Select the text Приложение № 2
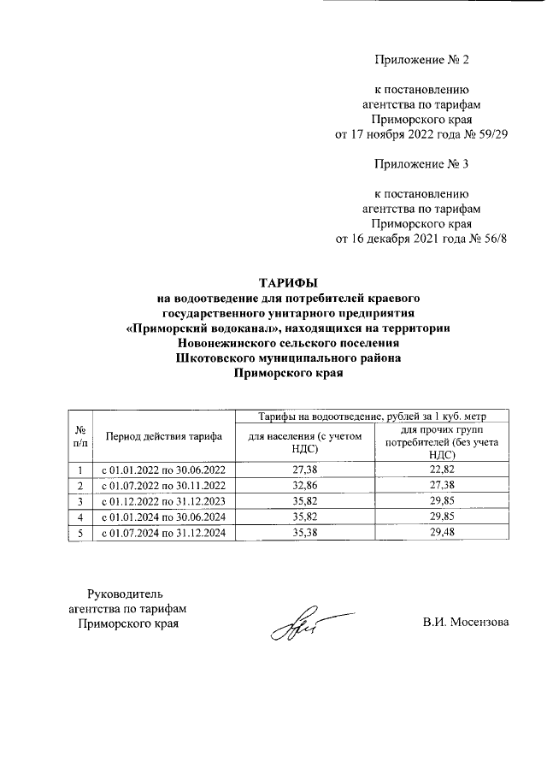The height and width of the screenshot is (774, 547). click(422, 60)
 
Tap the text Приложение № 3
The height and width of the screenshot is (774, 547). click(422, 162)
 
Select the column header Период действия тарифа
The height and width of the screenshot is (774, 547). click(164, 436)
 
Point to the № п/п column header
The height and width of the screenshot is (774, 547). click(79, 436)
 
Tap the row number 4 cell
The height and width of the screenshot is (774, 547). click(79, 517)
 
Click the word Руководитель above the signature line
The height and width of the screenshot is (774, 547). click(126, 594)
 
